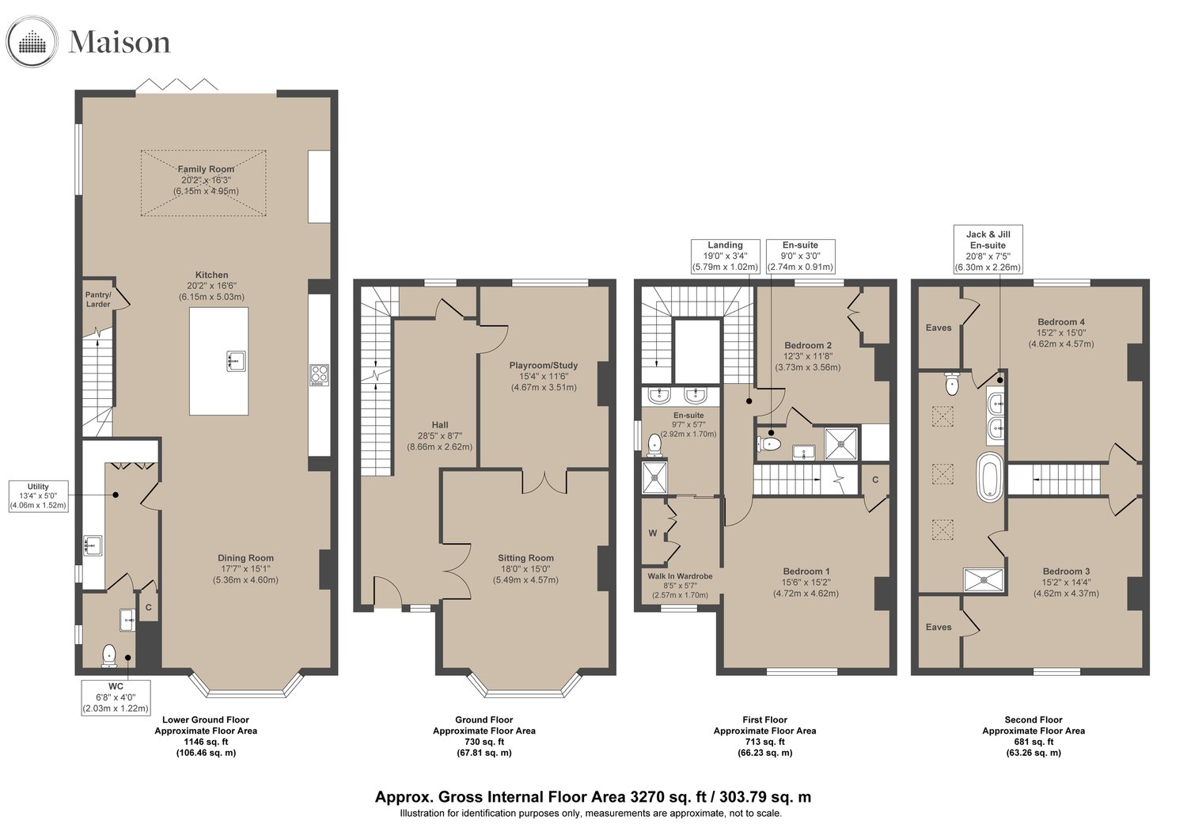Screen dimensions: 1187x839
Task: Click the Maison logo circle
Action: (32, 42)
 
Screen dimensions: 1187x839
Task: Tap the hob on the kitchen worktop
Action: (320, 374)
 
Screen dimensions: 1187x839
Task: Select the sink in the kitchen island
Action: (237, 360)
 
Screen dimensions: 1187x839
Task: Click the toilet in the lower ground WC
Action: (109, 656)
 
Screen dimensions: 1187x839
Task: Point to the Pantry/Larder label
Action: (99, 299)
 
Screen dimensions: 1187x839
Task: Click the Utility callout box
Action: (38, 496)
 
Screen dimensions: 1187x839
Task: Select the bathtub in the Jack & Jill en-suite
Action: (990, 477)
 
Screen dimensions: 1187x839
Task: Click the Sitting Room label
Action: (525, 557)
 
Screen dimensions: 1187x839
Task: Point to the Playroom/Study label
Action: (544, 365)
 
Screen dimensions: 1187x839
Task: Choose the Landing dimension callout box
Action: (725, 256)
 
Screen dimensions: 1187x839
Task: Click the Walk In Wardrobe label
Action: (680, 576)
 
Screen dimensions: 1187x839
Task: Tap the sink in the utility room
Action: (93, 545)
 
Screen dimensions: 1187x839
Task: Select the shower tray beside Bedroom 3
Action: (984, 580)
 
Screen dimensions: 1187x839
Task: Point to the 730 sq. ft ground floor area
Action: (484, 742)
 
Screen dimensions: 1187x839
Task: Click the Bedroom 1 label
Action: (806, 571)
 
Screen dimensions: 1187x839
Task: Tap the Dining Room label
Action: (246, 557)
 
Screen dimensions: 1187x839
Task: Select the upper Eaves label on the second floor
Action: (939, 328)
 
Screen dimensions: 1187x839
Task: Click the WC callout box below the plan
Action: (116, 697)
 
